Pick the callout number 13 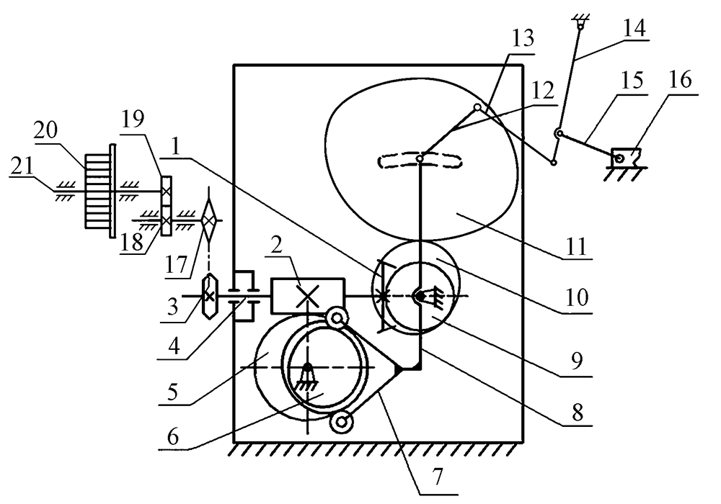524,39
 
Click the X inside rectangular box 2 307,295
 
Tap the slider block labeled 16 624,156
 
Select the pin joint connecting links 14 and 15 557,133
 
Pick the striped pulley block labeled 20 97,191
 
